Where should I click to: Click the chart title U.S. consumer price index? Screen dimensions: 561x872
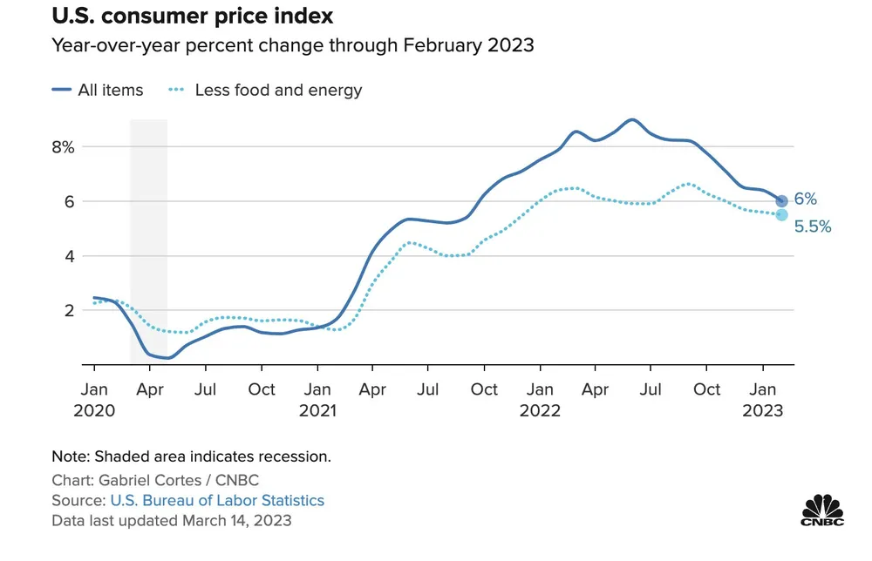[192, 17]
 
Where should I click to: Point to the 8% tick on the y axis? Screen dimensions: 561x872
[63, 147]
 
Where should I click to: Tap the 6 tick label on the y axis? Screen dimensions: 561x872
[69, 201]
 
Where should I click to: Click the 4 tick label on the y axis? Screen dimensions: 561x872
[69, 256]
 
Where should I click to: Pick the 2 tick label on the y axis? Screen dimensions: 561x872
[69, 310]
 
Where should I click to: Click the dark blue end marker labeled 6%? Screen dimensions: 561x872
[781, 201]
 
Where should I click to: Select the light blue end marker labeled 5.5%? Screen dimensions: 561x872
[781, 215]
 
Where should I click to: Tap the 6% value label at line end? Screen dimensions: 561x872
[805, 199]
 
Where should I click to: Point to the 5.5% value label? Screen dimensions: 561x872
[813, 226]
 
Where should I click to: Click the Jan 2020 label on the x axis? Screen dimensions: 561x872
[94, 399]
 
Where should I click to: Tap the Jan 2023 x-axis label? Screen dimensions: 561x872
[763, 399]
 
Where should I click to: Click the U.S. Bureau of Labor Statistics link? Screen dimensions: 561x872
[217, 500]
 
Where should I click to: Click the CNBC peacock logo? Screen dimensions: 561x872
[823, 510]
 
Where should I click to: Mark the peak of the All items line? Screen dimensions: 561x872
[631, 119]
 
